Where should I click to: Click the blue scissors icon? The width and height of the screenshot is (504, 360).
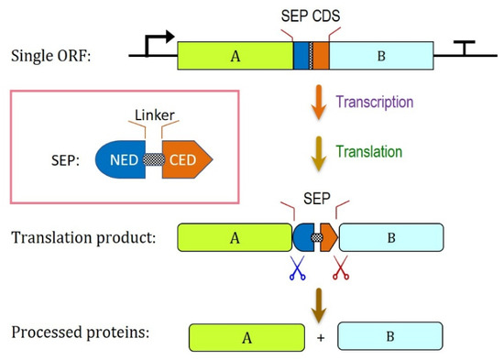[297, 267]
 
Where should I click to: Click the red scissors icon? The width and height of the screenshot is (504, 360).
[341, 267]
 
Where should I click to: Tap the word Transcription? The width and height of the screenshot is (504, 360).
[375, 103]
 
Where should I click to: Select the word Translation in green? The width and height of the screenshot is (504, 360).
[369, 152]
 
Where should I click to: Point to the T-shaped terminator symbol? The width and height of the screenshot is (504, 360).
[465, 48]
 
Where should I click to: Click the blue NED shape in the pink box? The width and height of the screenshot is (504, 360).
[121, 159]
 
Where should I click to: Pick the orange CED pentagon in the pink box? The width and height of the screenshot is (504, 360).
[187, 159]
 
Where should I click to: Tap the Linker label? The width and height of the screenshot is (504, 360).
[155, 115]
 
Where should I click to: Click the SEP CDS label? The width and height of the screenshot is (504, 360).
[311, 16]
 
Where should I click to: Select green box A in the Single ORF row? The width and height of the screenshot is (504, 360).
[236, 56]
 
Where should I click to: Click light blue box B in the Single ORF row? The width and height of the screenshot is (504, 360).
[381, 56]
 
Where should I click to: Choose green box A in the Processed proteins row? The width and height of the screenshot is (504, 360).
[247, 337]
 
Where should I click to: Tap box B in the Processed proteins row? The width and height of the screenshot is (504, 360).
[390, 336]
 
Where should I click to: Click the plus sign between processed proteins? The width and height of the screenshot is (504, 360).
[321, 338]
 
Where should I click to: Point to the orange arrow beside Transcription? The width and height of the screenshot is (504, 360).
[319, 103]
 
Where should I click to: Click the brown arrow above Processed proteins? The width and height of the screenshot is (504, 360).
[319, 305]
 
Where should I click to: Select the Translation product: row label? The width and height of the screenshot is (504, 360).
[83, 238]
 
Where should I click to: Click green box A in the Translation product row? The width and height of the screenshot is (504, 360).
[235, 237]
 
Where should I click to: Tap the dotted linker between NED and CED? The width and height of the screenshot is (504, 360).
[154, 159]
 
